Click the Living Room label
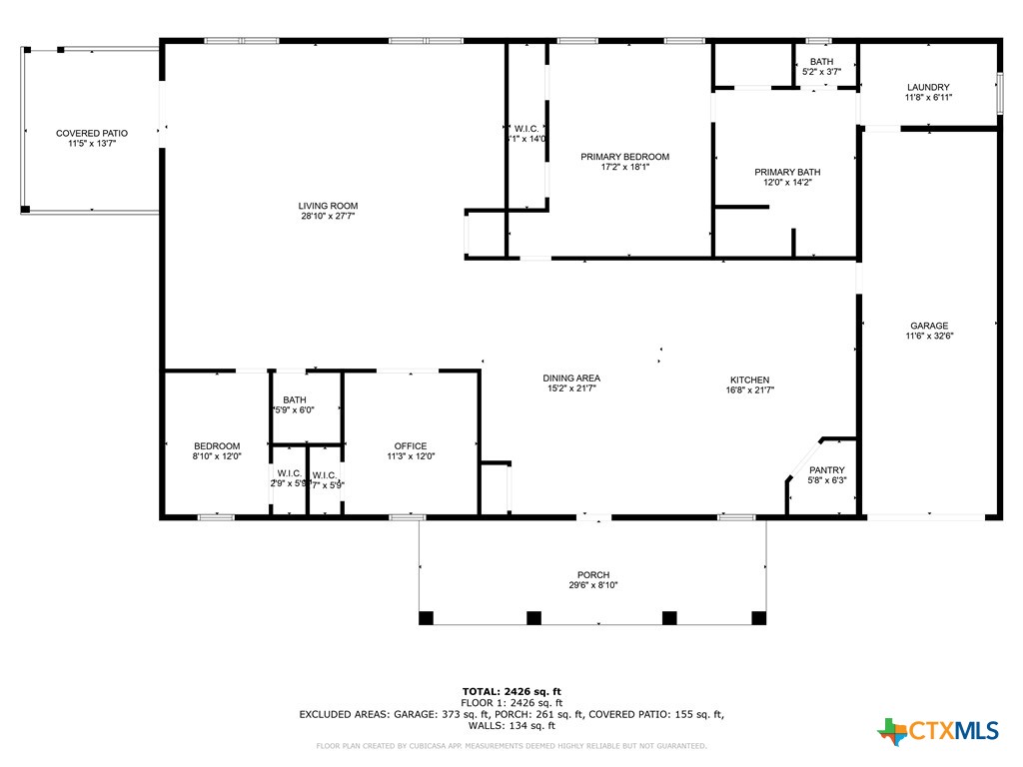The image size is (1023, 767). pyautogui.click(x=328, y=206)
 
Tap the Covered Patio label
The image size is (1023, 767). pyautogui.click(x=92, y=133)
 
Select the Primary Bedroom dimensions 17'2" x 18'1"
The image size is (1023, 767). pyautogui.click(x=625, y=168)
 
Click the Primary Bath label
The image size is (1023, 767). pyautogui.click(x=787, y=172)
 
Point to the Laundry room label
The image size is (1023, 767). pyautogui.click(x=928, y=87)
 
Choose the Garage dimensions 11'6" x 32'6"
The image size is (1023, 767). pyautogui.click(x=929, y=337)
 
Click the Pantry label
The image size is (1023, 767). pyautogui.click(x=826, y=470)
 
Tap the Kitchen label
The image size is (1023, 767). pyautogui.click(x=749, y=380)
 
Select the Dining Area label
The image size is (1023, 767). pyautogui.click(x=571, y=378)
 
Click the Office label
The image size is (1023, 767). pyautogui.click(x=410, y=446)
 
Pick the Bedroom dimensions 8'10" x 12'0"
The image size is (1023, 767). pyautogui.click(x=217, y=456)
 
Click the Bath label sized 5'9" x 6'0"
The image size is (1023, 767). pyautogui.click(x=295, y=399)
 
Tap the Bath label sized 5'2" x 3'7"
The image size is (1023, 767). pyautogui.click(x=821, y=62)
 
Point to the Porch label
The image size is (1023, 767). pyautogui.click(x=593, y=574)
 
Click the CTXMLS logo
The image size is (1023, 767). pyautogui.click(x=938, y=731)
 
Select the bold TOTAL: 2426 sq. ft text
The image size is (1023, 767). pyautogui.click(x=511, y=691)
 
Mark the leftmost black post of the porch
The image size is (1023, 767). pyautogui.click(x=427, y=618)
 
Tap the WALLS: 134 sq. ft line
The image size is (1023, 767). pyautogui.click(x=511, y=726)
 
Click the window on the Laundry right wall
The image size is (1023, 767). pyautogui.click(x=998, y=93)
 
